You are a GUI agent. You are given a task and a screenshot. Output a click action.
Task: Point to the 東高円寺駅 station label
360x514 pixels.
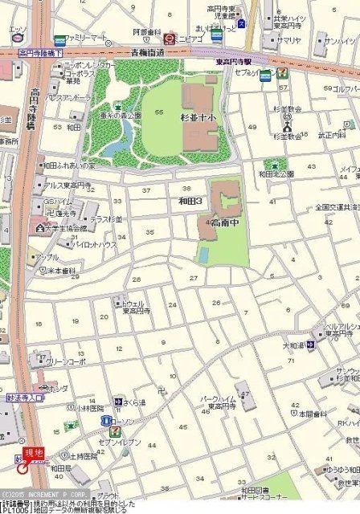tap(234, 61)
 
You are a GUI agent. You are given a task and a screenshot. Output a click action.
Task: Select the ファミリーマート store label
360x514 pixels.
tap(88, 38)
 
